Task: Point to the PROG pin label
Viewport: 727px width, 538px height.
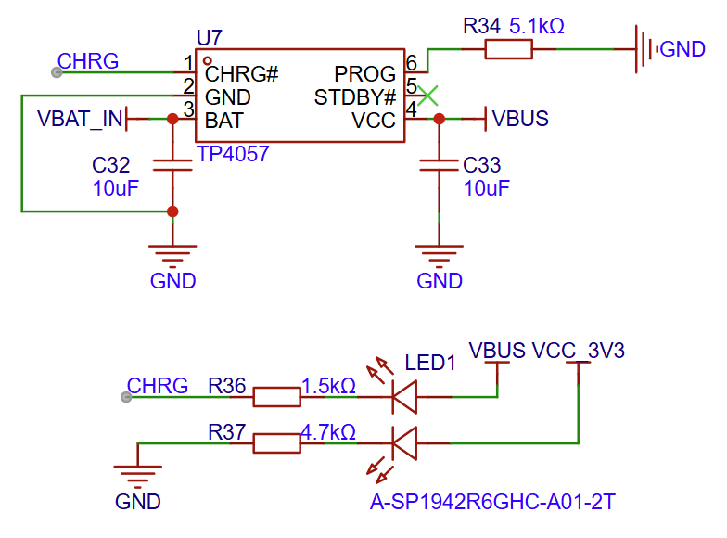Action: coord(370,73)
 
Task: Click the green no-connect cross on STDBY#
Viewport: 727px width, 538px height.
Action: coord(427,94)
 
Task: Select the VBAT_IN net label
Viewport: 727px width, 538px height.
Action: coord(80,119)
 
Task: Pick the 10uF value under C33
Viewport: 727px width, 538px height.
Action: coord(486,188)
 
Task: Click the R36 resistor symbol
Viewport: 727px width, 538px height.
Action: coord(277,398)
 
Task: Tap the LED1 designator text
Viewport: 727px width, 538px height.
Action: coord(431,364)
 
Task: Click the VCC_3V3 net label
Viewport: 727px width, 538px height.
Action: coord(579,352)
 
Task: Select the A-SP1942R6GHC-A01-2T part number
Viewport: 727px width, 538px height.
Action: coord(492,504)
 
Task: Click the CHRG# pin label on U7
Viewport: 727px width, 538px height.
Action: coord(242,73)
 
